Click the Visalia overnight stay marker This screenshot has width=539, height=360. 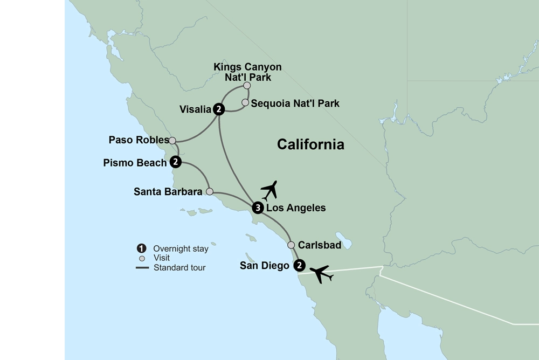click(218, 109)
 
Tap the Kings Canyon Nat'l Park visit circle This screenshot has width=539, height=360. click(247, 85)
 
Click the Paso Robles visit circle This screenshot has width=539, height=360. click(172, 141)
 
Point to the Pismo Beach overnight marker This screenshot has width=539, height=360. click(175, 162)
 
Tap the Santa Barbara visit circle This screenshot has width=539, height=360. click(210, 191)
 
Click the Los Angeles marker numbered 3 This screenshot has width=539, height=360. click(258, 208)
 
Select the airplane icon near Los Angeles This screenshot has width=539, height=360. click(269, 190)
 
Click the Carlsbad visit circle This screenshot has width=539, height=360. click(291, 245)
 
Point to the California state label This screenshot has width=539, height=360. click(310, 144)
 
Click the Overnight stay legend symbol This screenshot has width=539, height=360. click(141, 249)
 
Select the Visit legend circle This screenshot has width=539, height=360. click(141, 258)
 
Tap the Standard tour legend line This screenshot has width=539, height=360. click(142, 267)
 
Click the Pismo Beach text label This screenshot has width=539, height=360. click(135, 162)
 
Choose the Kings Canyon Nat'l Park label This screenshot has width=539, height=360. click(247, 72)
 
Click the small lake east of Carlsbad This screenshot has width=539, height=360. click(343, 240)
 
